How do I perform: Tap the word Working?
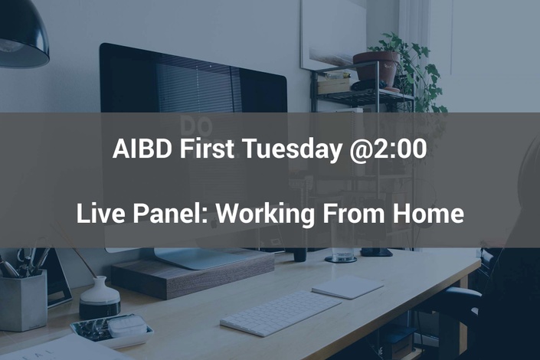265,214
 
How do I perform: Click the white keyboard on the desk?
280,313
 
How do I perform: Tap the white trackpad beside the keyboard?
348,286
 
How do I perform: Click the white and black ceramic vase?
100,297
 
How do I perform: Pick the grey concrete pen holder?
24,299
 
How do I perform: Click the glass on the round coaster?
341,254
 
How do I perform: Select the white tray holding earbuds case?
112,332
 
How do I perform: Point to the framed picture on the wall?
333,34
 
